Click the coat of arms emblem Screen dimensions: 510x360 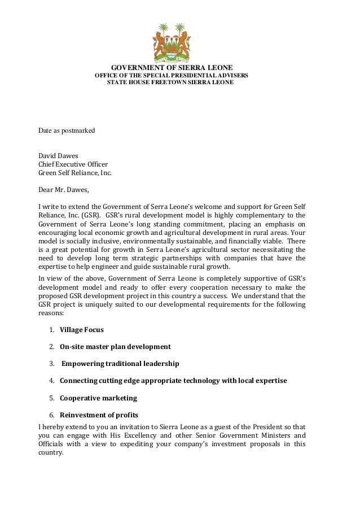(172, 42)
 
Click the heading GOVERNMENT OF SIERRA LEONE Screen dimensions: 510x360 (172, 68)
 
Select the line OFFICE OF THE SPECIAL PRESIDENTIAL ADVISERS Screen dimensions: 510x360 (171, 75)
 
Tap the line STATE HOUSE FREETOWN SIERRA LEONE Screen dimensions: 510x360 (170, 82)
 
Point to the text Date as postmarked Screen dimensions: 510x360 (67, 130)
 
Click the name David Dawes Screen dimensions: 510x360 (59, 155)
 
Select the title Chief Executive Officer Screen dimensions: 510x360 (73, 164)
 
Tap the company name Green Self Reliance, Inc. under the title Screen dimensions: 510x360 (75, 173)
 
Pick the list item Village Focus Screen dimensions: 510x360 (82, 330)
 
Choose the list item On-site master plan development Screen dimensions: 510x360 (115, 347)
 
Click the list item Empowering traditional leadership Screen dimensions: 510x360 (120, 364)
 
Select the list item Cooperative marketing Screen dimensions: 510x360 (98, 398)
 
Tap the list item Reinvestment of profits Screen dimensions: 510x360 (99, 415)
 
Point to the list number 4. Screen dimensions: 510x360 (51, 381)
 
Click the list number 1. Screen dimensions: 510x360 (51, 330)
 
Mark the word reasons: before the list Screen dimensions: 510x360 (51, 312)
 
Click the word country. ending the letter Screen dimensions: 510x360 (51, 452)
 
